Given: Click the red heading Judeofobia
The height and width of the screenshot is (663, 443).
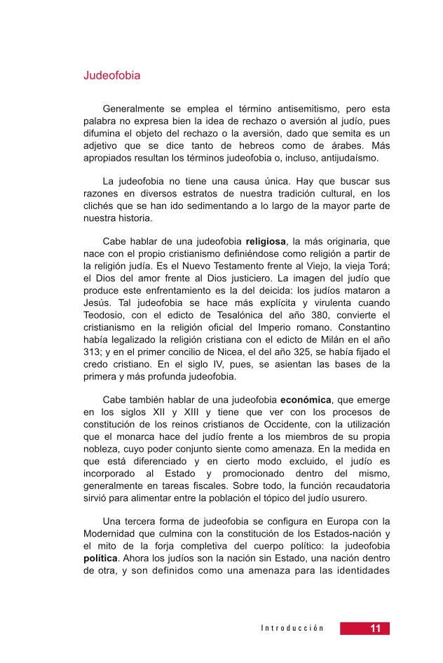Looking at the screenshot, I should pyautogui.click(x=111, y=75).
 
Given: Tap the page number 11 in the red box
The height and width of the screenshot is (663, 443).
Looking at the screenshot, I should pyautogui.click(x=376, y=629).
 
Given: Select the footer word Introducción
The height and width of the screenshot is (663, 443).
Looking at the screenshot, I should pyautogui.click(x=292, y=629).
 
